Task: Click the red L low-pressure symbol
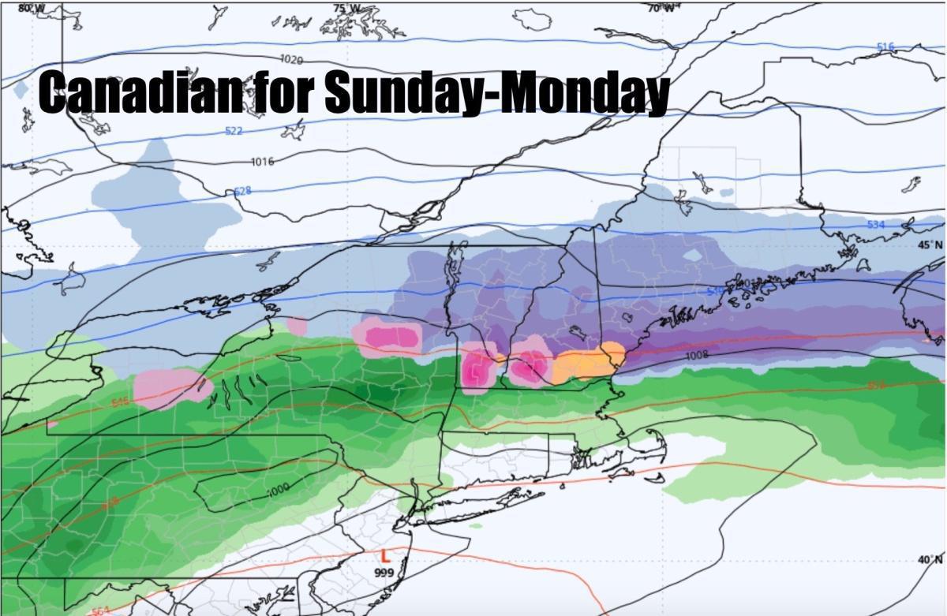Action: point(385,557)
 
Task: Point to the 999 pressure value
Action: point(384,573)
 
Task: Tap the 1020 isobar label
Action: point(291,59)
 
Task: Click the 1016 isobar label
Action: point(262,162)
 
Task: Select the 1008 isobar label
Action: point(696,356)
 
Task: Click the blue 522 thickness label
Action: point(234,131)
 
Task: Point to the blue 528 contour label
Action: point(242,192)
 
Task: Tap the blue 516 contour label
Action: point(885,47)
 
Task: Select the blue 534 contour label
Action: point(876,226)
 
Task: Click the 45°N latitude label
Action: point(930,245)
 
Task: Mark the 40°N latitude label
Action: point(930,560)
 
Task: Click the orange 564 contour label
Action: point(101,610)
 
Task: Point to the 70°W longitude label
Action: point(661,8)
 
